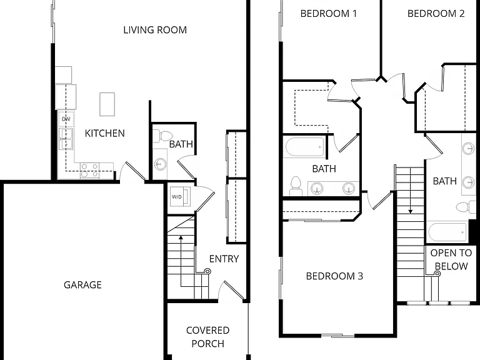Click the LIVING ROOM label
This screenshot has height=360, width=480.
tap(155, 30)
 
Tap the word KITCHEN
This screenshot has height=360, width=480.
tap(105, 134)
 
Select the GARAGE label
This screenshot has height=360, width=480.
tap(82, 285)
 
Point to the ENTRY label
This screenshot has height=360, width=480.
tap(224, 259)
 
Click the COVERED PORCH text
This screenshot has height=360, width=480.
tap(208, 337)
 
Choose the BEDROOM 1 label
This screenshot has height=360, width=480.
tap(329, 14)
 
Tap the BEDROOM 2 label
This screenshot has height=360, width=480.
tap(436, 14)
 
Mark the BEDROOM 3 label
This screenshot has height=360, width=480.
tap(334, 276)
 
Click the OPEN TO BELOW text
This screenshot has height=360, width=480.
tap(451, 259)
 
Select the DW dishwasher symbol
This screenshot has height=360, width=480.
tap(66, 119)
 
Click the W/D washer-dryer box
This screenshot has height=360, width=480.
tap(180, 196)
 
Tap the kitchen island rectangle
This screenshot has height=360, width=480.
tap(107, 104)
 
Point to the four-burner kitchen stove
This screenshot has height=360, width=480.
tap(89, 171)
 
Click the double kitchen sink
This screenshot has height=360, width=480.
tap(66, 139)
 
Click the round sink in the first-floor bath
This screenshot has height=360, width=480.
tap(160, 164)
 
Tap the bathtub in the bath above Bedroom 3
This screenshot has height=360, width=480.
tap(305, 147)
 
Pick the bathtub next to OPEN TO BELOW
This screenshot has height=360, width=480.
tap(447, 232)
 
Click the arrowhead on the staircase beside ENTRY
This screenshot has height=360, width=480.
tap(181, 237)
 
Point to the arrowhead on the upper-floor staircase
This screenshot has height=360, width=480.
tap(410, 211)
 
